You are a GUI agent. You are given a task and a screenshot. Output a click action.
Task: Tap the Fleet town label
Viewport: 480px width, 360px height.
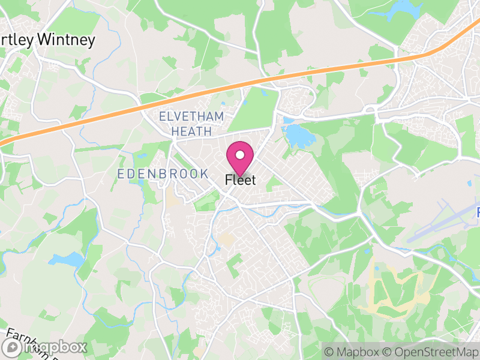[240, 180]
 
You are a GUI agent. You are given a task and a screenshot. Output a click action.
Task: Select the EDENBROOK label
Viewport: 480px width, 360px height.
[163, 173]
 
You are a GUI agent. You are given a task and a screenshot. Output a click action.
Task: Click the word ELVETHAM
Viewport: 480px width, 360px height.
[191, 116]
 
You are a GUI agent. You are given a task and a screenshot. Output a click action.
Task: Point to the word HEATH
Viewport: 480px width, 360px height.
[191, 130]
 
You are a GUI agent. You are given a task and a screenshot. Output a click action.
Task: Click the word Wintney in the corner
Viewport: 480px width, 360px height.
[67, 40]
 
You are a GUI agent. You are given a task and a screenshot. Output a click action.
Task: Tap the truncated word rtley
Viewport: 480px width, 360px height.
[17, 40]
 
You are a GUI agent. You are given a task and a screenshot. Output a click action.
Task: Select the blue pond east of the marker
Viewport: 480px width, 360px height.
[296, 137]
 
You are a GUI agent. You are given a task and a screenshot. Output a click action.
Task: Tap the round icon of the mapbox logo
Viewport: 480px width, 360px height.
[12, 347]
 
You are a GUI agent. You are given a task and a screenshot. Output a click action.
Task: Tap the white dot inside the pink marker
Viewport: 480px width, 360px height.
[239, 155]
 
